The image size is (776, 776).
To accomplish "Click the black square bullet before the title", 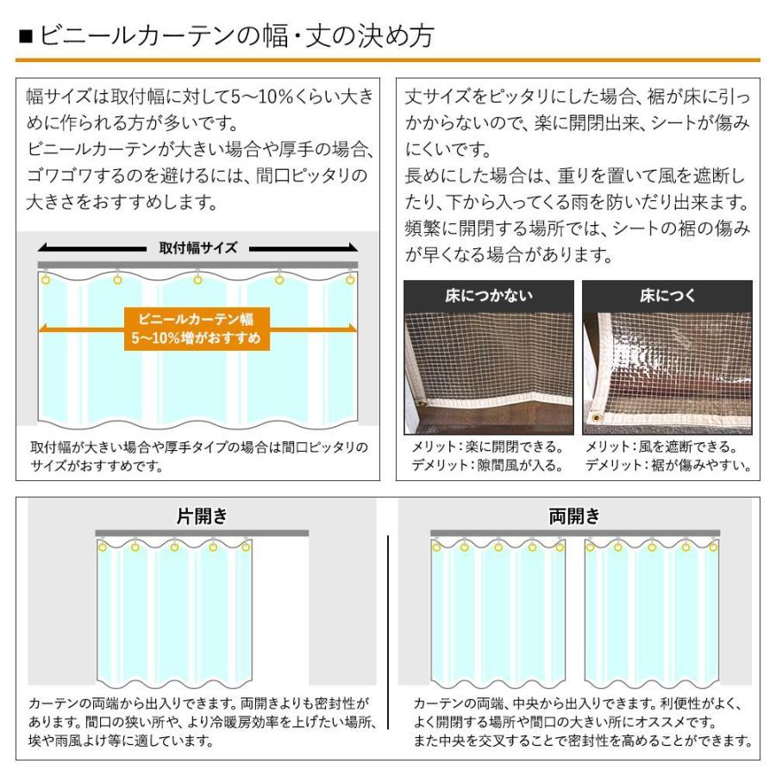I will [x=25, y=38].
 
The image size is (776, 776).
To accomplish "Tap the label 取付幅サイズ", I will [x=197, y=247].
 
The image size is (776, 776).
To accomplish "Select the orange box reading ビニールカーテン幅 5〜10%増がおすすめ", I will [x=197, y=329].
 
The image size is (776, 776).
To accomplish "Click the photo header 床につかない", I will [x=489, y=296].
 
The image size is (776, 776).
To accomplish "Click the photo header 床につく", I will [x=666, y=296].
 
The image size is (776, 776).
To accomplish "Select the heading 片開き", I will [x=202, y=516].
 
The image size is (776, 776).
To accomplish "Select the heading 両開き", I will [x=574, y=516].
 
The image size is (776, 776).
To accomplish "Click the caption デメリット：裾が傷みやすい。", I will [x=668, y=466].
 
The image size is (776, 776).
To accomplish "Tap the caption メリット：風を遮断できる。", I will [x=661, y=447].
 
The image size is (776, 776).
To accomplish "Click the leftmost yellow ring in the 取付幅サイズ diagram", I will [x=46, y=279].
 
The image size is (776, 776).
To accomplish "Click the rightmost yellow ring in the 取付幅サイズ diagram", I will [x=350, y=279].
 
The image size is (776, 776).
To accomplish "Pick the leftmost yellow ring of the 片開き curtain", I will [x=103, y=547].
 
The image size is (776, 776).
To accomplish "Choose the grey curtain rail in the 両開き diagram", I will [x=573, y=534].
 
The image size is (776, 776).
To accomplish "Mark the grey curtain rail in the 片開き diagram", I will [x=201, y=534].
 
